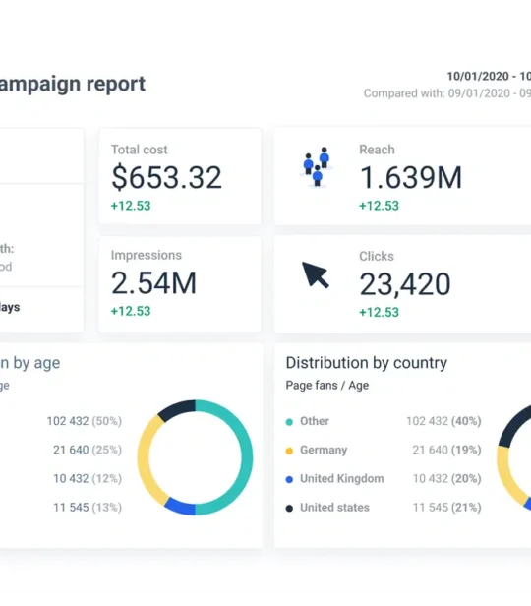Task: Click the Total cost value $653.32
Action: tap(166, 177)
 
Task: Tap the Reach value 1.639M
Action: tap(410, 177)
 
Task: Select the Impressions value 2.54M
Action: tap(153, 283)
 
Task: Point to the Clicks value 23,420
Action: tap(404, 283)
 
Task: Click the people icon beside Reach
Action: tap(316, 167)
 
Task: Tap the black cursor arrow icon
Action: tap(316, 274)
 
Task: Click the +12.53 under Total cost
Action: tap(131, 206)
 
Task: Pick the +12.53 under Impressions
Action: tap(131, 311)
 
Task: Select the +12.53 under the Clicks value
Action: tap(379, 311)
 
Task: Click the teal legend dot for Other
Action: tap(289, 421)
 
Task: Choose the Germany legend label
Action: tap(324, 450)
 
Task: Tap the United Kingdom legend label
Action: tap(341, 478)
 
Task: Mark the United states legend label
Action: tap(334, 508)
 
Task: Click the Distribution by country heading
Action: tap(366, 363)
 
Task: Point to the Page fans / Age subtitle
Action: tap(327, 386)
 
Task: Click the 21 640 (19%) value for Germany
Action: tap(443, 450)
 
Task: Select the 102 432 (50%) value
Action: tap(85, 421)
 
